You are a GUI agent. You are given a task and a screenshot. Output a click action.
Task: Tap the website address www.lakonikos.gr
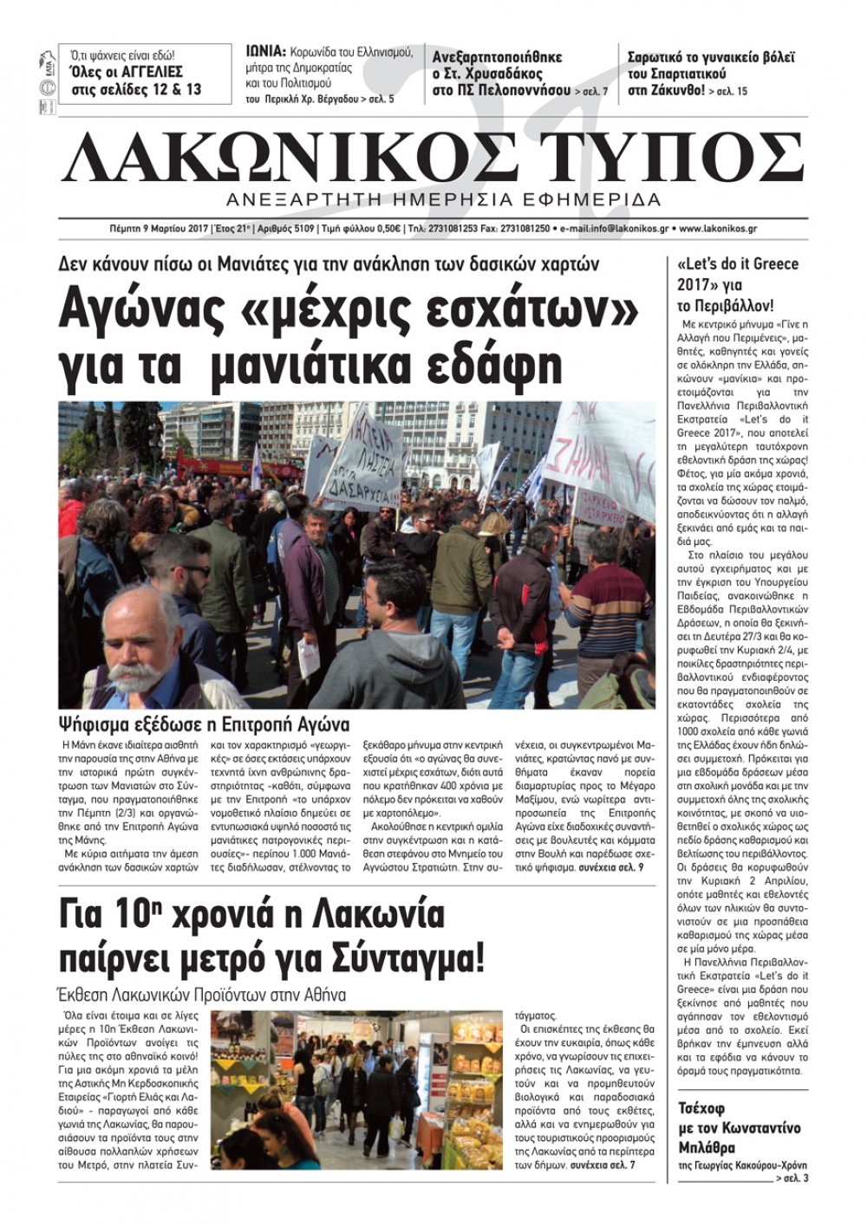[x=719, y=229]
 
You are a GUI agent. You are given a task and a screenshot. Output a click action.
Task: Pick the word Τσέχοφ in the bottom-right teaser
[x=701, y=1108]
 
